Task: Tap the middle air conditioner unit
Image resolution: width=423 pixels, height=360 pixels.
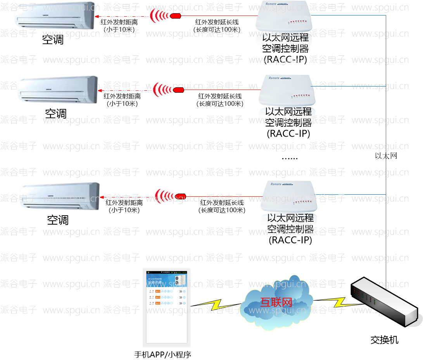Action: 58,90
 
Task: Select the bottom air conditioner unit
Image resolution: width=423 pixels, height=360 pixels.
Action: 60,197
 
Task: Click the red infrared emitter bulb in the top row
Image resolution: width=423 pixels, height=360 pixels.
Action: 176,16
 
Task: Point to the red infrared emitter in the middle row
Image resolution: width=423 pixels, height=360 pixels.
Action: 178,90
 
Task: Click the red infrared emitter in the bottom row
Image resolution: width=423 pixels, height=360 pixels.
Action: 180,196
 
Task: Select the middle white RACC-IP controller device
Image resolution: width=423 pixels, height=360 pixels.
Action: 286,90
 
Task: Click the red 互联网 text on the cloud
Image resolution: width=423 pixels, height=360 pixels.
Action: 276,301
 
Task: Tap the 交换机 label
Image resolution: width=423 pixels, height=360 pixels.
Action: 384,340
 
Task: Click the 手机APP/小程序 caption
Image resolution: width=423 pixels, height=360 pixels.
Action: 163,354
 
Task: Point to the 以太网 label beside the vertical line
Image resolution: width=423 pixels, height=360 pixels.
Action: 386,156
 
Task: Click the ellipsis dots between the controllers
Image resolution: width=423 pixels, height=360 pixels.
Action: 289,158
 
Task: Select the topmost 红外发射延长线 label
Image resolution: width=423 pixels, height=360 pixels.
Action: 217,22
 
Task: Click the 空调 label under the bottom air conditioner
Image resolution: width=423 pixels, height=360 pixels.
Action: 58,220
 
